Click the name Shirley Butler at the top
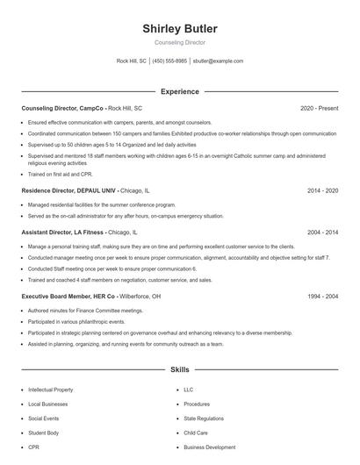tap(179, 28)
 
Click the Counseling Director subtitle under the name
tap(179, 42)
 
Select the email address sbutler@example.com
tap(218, 61)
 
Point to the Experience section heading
tap(179, 91)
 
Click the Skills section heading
tap(179, 370)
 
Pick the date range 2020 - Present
tap(320, 108)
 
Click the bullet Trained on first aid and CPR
tap(61, 174)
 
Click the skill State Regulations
tap(204, 418)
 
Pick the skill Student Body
tap(45, 432)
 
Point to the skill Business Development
tap(209, 447)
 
